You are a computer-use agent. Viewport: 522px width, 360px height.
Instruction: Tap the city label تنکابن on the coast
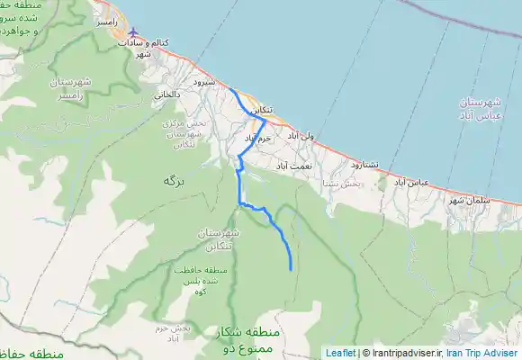tap(259, 110)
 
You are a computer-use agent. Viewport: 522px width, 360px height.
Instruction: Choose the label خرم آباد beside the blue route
tap(257, 139)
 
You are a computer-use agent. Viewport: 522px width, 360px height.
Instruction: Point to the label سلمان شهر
tap(468, 199)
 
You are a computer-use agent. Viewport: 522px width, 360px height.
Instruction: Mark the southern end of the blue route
tap(291, 268)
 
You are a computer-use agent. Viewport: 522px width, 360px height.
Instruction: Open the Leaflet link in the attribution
tap(340, 353)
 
